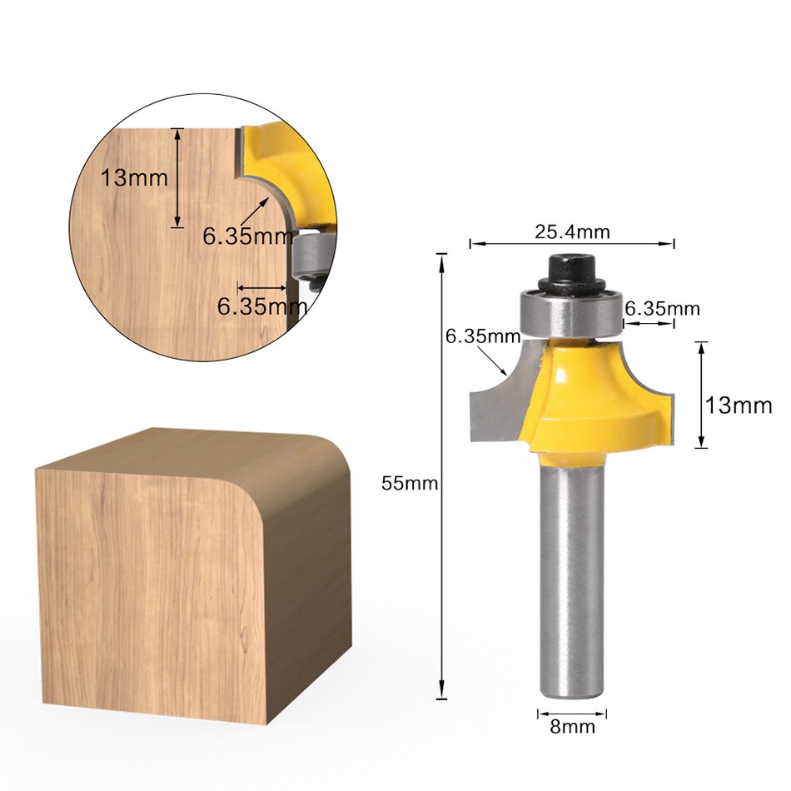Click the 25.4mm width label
coord(572,232)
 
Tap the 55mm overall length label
coord(409,484)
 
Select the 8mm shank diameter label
coord(572,727)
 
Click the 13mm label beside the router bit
coord(739,405)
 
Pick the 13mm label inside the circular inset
coord(134,177)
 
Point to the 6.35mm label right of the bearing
coord(662,309)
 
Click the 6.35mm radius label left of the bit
coord(482,337)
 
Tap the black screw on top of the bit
coord(572,271)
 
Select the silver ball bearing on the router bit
coord(572,312)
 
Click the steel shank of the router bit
coord(571,575)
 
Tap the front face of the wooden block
coord(150,591)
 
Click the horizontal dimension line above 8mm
coord(572,713)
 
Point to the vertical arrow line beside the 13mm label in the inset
coord(177,177)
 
